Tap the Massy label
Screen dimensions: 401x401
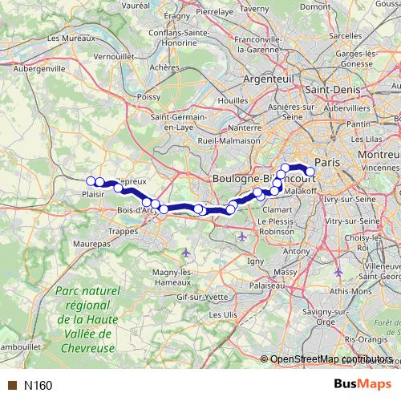coord(285,273)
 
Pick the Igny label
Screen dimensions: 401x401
coord(256,261)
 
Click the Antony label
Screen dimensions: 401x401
coord(297,251)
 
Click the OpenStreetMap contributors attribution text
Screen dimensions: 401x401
coord(330,359)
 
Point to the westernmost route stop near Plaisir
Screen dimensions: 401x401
coord(91,181)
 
